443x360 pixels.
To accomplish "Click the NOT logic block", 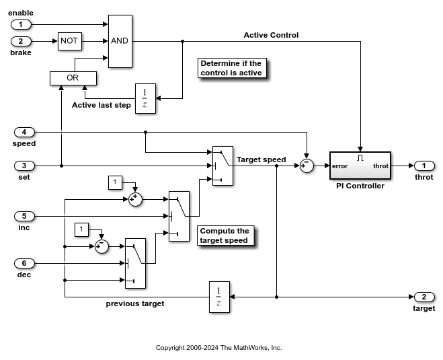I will (70, 41).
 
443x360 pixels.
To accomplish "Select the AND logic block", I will (120, 41).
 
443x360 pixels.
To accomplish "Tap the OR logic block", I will (73, 79).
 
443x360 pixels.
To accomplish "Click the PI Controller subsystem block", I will (360, 166).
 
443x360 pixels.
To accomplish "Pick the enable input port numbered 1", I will (22, 24).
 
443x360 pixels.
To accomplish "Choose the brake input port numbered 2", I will (22, 41).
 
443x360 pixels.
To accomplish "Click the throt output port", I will (424, 166).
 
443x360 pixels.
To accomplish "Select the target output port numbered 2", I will (424, 297).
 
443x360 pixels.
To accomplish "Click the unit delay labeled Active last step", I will (145, 98).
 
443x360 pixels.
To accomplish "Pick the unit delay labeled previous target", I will (219, 297).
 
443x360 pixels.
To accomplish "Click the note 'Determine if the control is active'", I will (231, 68).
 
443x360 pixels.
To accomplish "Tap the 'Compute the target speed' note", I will (225, 236).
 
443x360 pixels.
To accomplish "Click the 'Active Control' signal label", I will (271, 35).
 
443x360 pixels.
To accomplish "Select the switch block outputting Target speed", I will (223, 166).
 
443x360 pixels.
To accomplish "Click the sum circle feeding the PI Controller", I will (307, 166).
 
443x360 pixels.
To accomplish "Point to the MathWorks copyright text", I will (218, 348).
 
